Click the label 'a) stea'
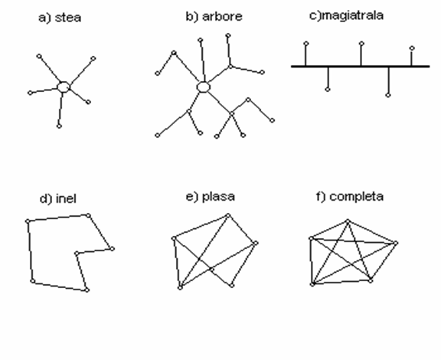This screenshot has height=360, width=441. [x=60, y=18]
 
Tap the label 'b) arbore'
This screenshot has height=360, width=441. [x=214, y=17]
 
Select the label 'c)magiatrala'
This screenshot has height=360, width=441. [x=346, y=15]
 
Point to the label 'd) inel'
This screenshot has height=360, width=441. [x=58, y=198]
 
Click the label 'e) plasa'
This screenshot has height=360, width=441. [x=211, y=197]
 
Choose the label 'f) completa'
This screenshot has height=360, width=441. [x=350, y=196]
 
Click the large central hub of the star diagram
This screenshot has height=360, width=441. [x=64, y=87]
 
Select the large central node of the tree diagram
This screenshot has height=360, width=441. [x=204, y=87]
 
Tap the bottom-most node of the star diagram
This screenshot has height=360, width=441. [x=59, y=126]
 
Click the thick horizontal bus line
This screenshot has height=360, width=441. [x=361, y=67]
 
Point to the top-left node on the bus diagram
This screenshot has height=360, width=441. [x=306, y=44]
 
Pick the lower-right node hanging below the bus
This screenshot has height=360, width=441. [x=388, y=96]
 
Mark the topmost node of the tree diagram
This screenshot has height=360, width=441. [x=228, y=36]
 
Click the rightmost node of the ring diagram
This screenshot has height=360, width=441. [x=113, y=248]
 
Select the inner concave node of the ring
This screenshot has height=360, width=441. [x=77, y=254]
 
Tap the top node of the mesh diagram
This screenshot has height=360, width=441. [x=228, y=215]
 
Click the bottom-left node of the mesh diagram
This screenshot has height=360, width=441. [x=180, y=288]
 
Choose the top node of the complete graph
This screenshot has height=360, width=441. [x=348, y=221]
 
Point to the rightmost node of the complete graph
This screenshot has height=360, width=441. [x=396, y=243]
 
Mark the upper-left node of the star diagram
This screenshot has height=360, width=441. [x=39, y=56]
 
